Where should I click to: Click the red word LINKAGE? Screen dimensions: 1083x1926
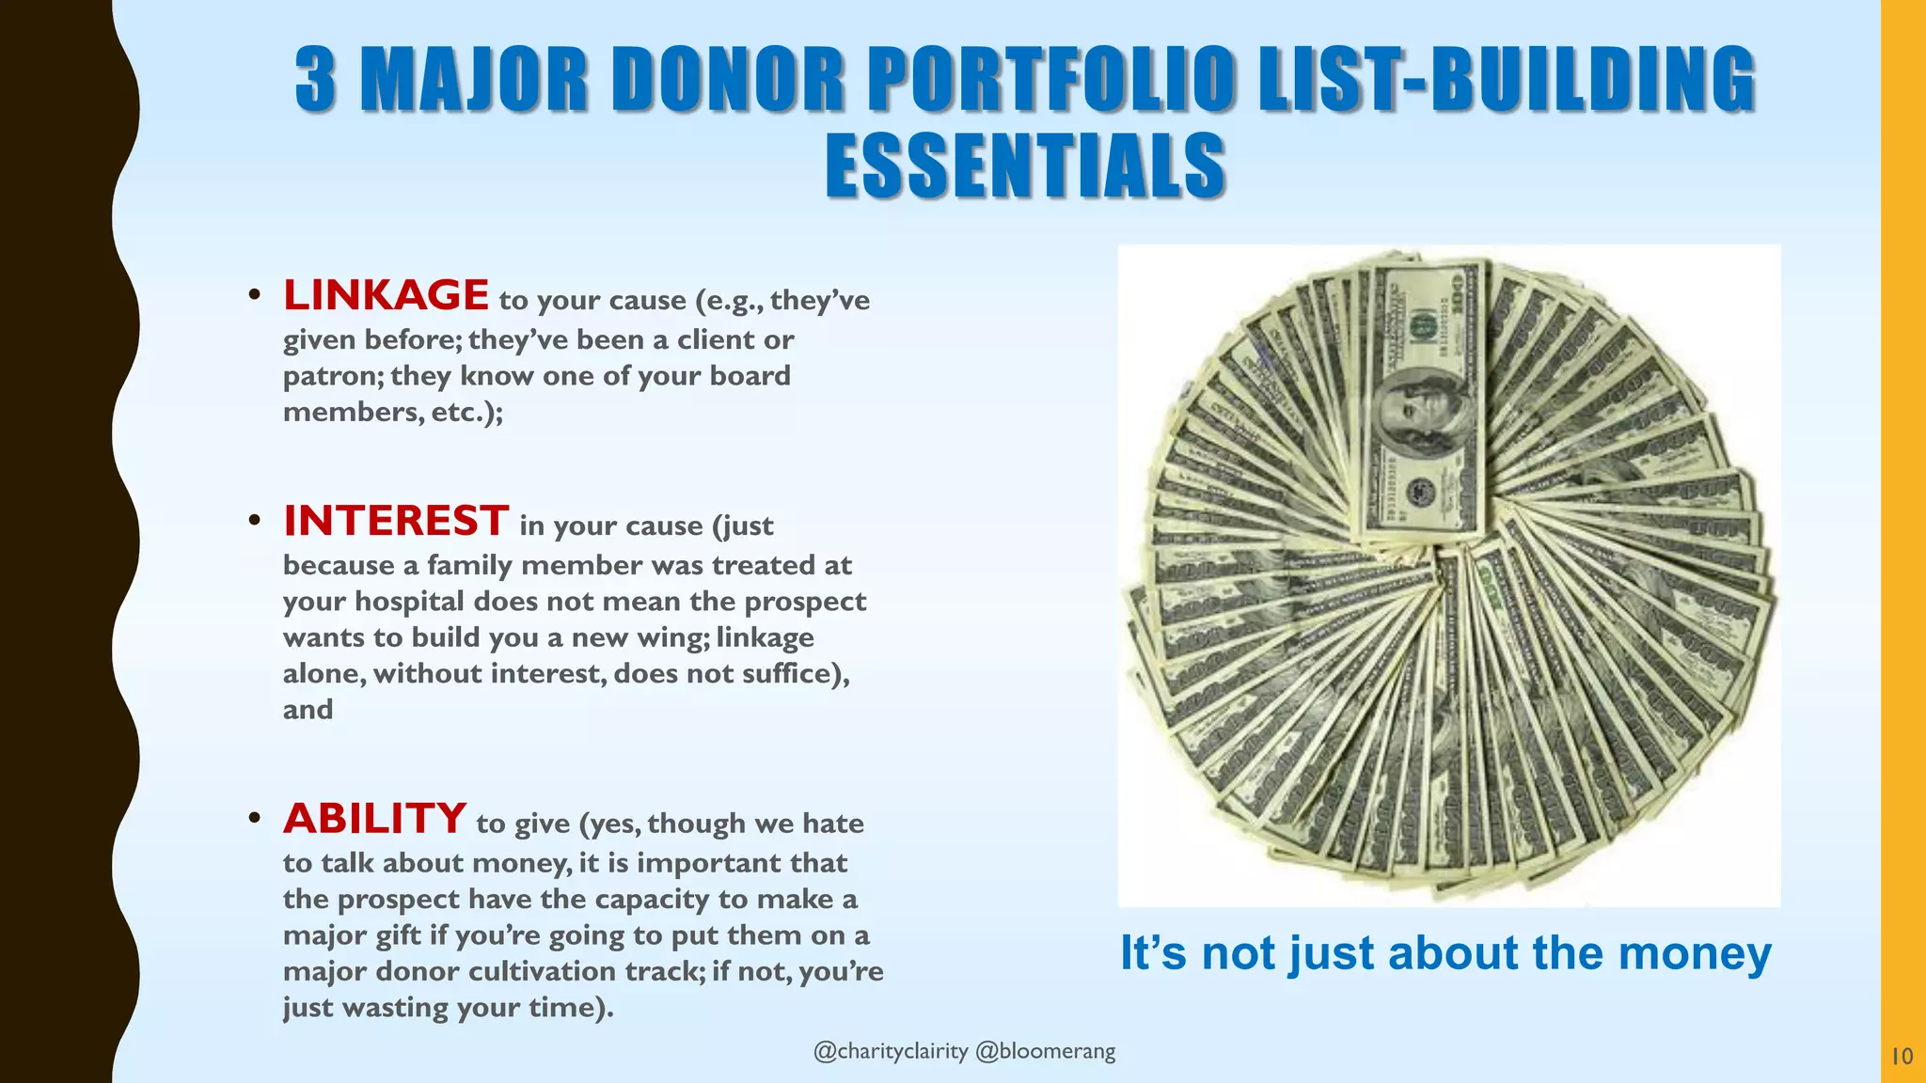coord(386,295)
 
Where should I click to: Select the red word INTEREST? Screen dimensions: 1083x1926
coord(396,521)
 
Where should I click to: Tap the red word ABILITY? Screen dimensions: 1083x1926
coord(374,819)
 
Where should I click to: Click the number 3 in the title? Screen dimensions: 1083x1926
coord(316,80)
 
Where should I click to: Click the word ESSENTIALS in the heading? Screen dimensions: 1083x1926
coord(1025,166)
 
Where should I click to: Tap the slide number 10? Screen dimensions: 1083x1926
coord(1902,1057)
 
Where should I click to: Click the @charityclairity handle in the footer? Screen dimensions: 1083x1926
coord(890,1051)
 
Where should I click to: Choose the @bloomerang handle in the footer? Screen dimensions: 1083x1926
coord(1045,1051)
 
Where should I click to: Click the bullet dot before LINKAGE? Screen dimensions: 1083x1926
coord(254,296)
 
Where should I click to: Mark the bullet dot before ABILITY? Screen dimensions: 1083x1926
coord(254,819)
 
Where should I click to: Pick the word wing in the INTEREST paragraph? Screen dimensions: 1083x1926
coord(673,638)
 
